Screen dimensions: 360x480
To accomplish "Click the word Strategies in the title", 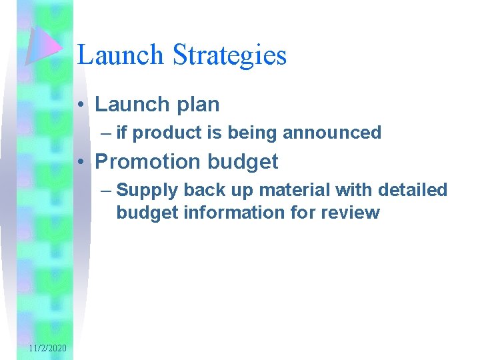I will (x=230, y=55).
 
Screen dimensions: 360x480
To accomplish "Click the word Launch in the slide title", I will (x=121, y=55).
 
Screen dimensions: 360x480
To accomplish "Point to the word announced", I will (x=332, y=133).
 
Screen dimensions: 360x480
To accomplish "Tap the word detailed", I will (x=413, y=190).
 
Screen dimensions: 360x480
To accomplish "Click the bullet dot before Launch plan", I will (x=79, y=105).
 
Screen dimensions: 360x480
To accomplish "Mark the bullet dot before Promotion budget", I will (x=79, y=162).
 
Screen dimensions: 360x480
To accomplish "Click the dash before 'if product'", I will (x=108, y=133).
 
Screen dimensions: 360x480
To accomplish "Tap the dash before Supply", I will (x=108, y=190).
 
